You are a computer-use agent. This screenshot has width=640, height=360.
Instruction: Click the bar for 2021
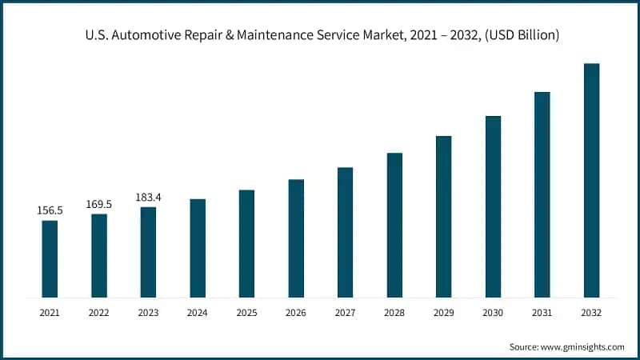click(x=50, y=258)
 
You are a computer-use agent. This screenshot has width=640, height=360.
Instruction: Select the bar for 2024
click(x=198, y=248)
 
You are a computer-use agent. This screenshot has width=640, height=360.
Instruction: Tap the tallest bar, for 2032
click(x=591, y=180)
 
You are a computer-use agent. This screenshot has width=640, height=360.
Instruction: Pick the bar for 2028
click(x=394, y=225)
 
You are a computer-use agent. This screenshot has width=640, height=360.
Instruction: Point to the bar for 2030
click(x=493, y=206)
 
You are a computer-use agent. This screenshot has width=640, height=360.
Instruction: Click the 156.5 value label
click(x=50, y=210)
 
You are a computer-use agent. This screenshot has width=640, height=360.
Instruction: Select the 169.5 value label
click(x=99, y=205)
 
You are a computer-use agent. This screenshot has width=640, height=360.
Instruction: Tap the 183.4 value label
click(x=148, y=197)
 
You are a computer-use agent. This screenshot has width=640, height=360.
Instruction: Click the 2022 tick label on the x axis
click(x=99, y=312)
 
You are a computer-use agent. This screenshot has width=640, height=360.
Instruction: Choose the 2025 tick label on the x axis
click(x=246, y=312)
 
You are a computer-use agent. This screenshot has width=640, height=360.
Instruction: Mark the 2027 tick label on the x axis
click(x=345, y=312)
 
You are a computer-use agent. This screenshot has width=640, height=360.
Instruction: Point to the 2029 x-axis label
click(x=443, y=312)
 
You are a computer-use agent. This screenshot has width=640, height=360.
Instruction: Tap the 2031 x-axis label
click(x=542, y=312)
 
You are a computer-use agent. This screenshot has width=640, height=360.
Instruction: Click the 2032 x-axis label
click(x=591, y=312)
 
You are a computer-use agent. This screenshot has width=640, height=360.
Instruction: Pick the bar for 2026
click(x=296, y=238)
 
